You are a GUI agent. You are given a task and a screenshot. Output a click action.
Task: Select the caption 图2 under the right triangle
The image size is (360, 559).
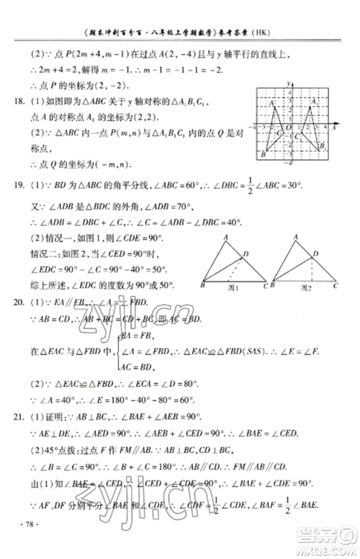(x=306, y=287)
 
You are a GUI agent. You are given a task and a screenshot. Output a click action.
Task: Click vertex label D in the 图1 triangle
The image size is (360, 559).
(x=246, y=253)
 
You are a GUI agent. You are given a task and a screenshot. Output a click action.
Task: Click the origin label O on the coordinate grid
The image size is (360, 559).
(x=289, y=128)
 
